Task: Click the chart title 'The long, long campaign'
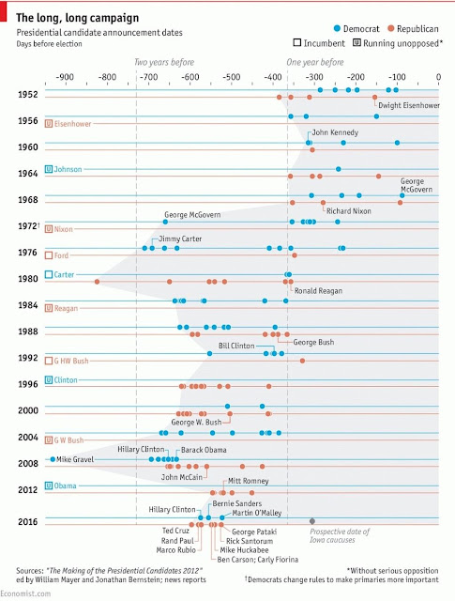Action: point(77,18)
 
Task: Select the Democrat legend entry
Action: point(356,29)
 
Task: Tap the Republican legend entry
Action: point(413,29)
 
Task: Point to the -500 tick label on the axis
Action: point(232,77)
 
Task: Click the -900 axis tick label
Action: point(65,77)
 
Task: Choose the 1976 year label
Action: point(28,253)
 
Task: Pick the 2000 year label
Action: point(28,410)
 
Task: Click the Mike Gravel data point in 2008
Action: point(53,459)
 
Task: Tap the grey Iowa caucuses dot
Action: point(312,521)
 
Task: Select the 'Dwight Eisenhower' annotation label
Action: point(409,105)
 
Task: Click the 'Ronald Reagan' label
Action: point(318,291)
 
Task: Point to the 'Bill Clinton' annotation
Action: point(236,346)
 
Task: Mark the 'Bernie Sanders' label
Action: point(237,503)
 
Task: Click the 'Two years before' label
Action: point(164,62)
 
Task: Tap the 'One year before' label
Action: point(315,62)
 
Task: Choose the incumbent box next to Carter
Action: point(49,274)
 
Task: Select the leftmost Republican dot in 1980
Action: point(97,282)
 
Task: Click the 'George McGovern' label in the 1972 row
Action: point(192,215)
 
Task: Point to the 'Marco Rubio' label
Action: point(175,550)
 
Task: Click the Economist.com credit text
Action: point(25,593)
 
